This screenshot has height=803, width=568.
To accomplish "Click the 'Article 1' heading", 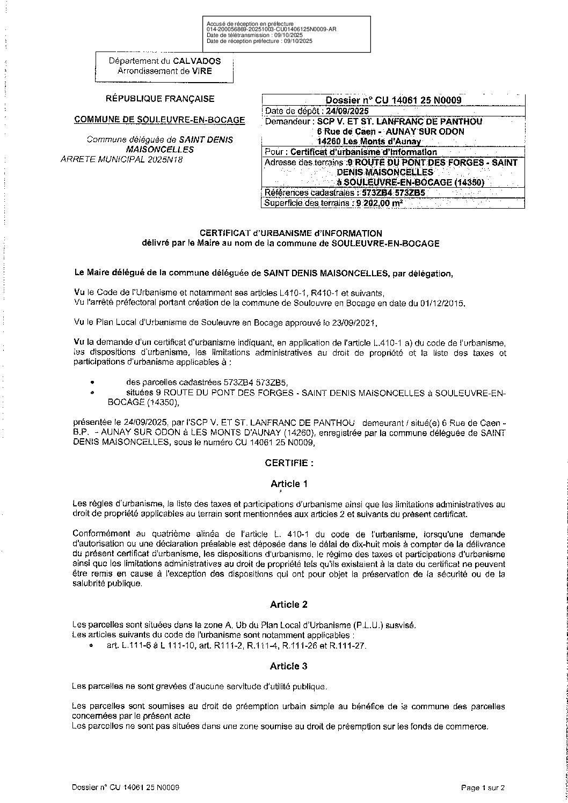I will [289, 484].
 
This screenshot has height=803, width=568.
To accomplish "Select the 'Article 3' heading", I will [289, 666].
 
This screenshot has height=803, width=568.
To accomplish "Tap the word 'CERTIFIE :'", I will [289, 462].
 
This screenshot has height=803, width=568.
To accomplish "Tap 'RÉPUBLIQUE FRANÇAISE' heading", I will [160, 99].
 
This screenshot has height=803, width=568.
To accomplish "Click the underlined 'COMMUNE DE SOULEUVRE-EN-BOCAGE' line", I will [159, 120].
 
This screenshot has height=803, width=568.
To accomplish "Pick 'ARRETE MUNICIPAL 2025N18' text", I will [122, 159].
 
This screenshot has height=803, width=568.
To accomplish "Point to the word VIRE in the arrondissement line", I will [202, 71].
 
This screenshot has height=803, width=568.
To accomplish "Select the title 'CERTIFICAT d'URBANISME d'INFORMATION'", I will [290, 233].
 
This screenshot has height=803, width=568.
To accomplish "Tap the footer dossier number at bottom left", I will [125, 788].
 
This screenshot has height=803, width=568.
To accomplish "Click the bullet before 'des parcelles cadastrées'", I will [93, 383].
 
